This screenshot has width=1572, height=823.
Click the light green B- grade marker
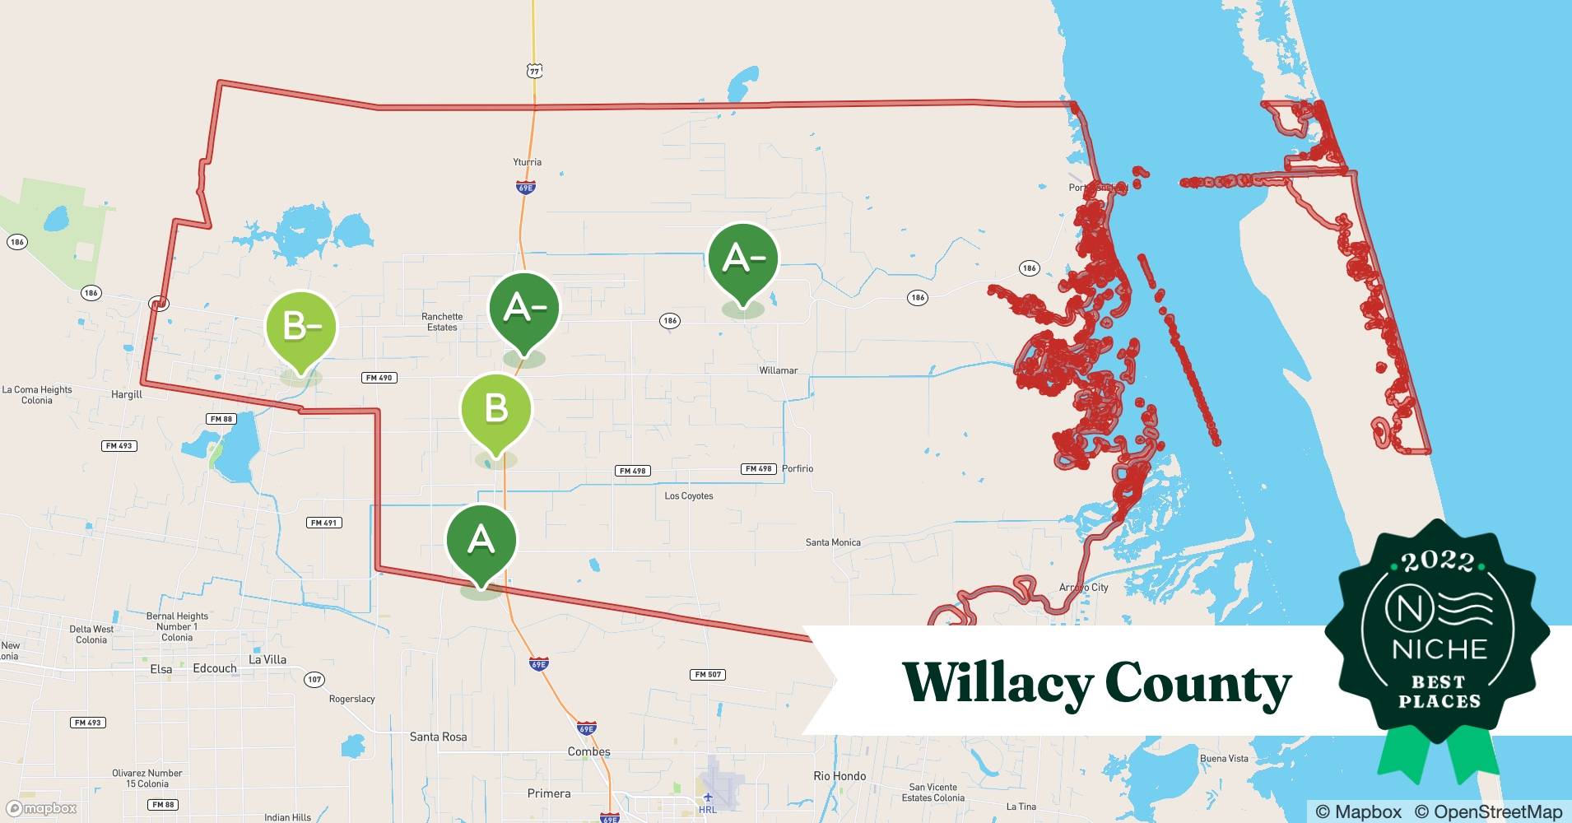coord(301,327)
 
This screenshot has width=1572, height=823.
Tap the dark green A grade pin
coord(481,540)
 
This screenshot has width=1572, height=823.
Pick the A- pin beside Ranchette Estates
coord(524,309)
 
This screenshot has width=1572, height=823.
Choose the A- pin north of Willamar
coord(742,259)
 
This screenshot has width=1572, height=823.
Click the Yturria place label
coord(527,162)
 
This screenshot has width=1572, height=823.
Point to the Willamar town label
coord(778,370)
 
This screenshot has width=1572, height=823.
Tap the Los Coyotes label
coord(689,496)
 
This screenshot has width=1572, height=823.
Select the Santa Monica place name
coord(833,542)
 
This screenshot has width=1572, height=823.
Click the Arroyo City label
coord(1083,588)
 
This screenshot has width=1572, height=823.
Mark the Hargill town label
coord(127,395)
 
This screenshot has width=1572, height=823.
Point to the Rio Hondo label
coord(839,776)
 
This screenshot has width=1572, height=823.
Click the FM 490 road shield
coord(379,378)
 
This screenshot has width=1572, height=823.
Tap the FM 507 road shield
coord(708,675)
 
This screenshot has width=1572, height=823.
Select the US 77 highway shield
coord(535,72)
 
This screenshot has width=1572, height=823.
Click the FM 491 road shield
coord(323,523)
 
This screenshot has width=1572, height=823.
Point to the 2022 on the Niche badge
coord(1439,562)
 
